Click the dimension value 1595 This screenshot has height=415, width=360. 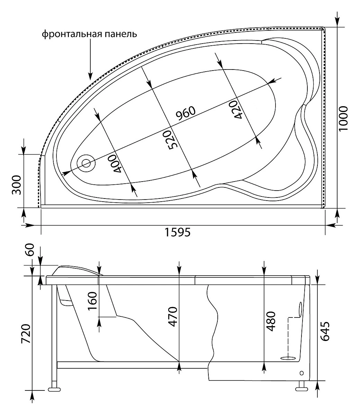pyautogui.click(x=178, y=232)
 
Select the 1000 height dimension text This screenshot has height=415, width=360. pyautogui.click(x=343, y=119)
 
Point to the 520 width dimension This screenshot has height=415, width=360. pyautogui.click(x=167, y=140)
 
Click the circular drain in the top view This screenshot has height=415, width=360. pyautogui.click(x=87, y=163)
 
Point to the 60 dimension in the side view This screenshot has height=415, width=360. pyautogui.click(x=29, y=250)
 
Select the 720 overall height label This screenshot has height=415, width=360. pyautogui.click(x=26, y=334)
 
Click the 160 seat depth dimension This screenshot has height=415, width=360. pyautogui.click(x=92, y=301)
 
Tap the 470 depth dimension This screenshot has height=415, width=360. pyautogui.click(x=172, y=317)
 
